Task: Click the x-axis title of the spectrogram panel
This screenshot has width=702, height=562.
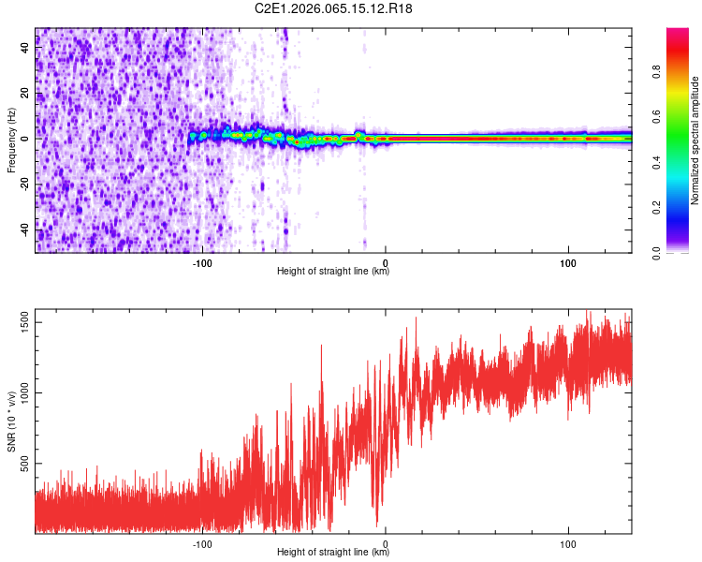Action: [333, 272]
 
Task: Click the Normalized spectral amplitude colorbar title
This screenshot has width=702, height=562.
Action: [695, 140]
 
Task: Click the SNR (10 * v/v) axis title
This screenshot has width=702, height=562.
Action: [11, 421]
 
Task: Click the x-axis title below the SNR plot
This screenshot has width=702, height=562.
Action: [333, 553]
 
